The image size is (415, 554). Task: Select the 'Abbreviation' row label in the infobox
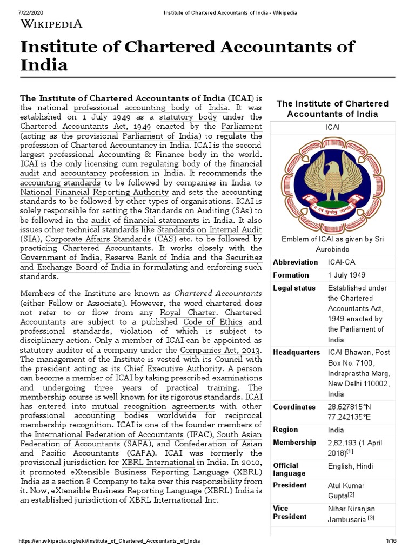296,262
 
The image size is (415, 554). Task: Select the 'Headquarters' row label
297,352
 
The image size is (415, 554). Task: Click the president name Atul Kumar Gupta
346,491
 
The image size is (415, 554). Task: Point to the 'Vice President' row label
290,512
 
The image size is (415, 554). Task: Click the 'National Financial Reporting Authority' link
95,192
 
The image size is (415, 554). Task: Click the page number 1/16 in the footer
391,542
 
